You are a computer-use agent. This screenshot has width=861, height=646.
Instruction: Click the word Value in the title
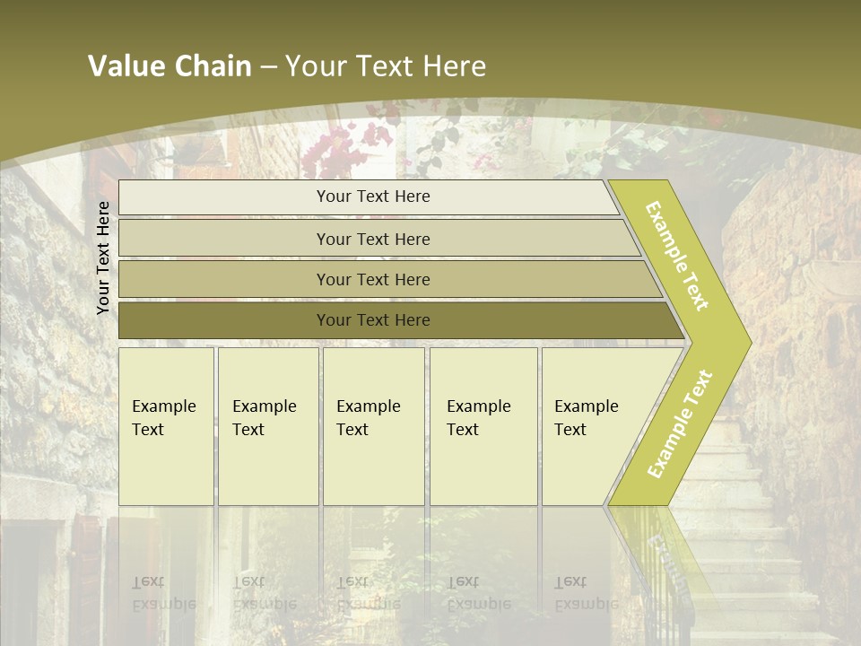pos(125,66)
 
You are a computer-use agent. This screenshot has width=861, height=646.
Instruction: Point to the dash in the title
pos(268,67)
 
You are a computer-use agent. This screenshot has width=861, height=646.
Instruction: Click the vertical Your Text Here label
pos(103,258)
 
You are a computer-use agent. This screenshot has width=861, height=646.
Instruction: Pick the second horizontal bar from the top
pos(372,239)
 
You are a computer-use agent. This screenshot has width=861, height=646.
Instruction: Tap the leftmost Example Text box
pos(166,426)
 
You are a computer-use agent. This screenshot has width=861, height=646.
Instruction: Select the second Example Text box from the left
pos(268,426)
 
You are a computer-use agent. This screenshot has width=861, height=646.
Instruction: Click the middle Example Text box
pos(373,426)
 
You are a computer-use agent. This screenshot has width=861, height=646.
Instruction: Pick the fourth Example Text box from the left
pos(483,426)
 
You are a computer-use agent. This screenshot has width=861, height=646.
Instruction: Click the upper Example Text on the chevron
pos(678,256)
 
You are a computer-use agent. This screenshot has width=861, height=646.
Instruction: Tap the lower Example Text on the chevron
pos(680,423)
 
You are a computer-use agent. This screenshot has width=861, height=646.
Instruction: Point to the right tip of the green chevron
pos(749,343)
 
